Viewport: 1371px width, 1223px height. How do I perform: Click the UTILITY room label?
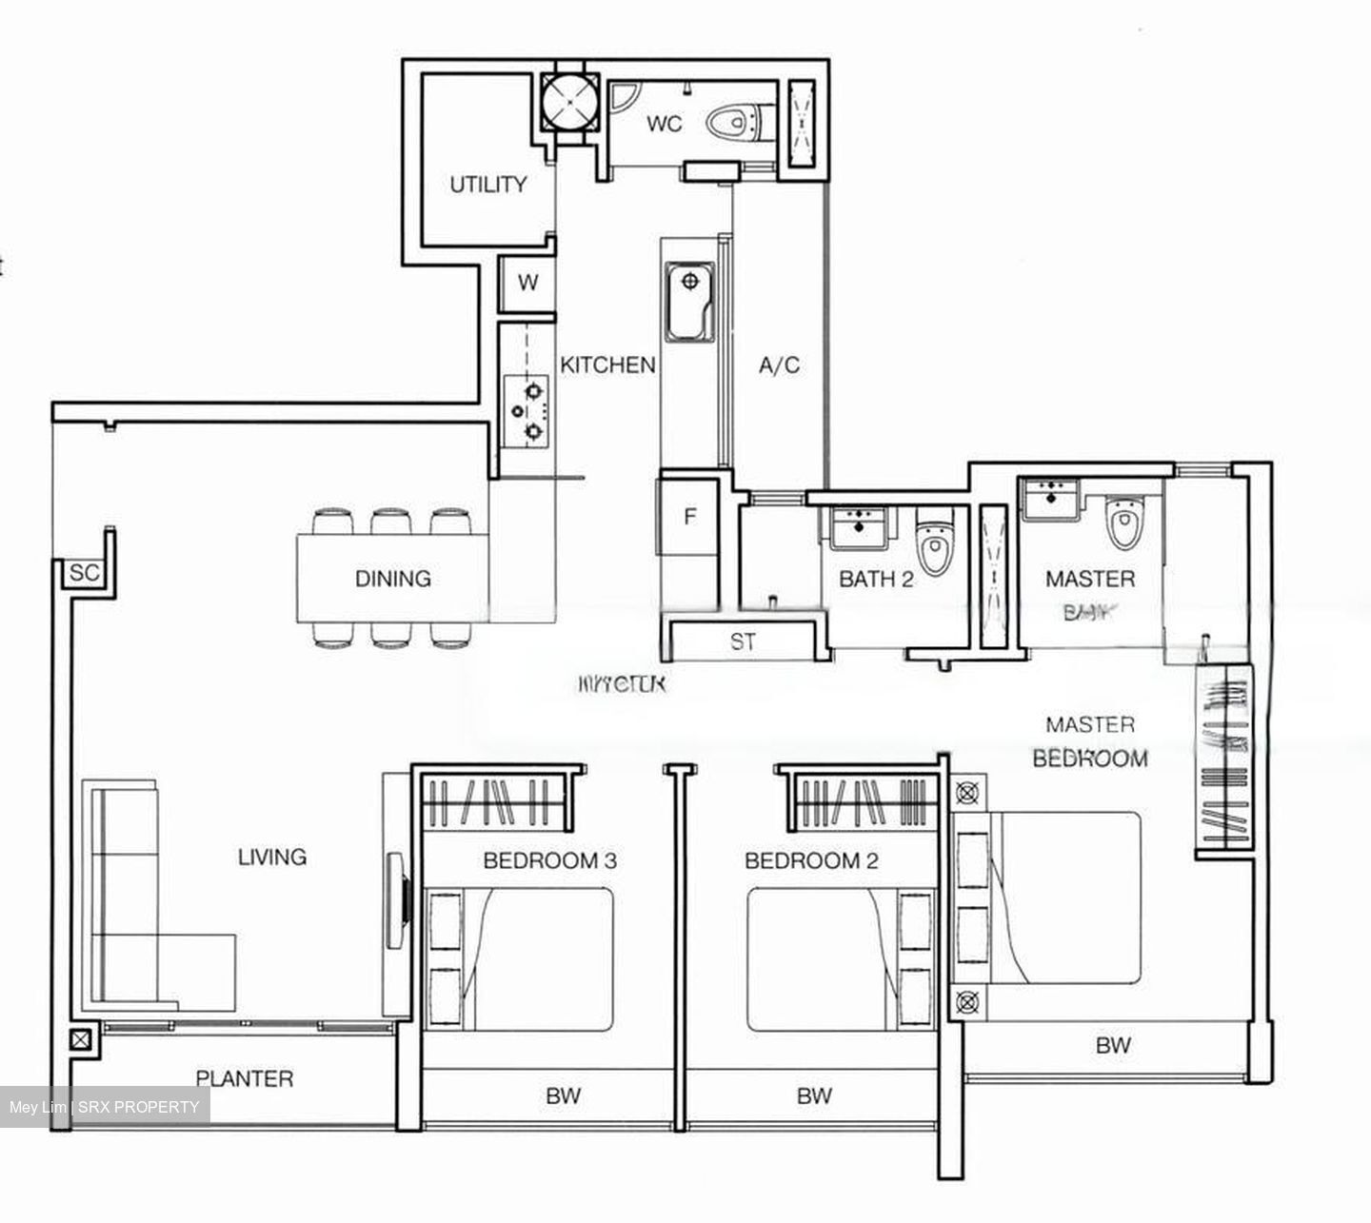coord(487,185)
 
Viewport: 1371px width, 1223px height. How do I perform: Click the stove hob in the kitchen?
coord(527,410)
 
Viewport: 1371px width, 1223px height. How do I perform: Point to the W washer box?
coord(527,283)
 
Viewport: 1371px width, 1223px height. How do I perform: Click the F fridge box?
coord(689,518)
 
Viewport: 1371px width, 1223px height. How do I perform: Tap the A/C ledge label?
coord(779,365)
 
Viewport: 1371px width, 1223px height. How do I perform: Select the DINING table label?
coord(392,579)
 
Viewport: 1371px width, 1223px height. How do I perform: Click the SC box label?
coord(84,573)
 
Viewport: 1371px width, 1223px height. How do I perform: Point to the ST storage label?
coord(743,642)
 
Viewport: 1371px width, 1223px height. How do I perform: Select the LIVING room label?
coord(272,857)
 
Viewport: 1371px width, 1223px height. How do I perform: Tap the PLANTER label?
coord(244,1078)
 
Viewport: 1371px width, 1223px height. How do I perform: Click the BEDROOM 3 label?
coord(549,861)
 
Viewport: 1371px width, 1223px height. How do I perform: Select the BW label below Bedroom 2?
coord(814,1095)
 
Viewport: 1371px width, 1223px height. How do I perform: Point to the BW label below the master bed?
coord(1112,1045)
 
